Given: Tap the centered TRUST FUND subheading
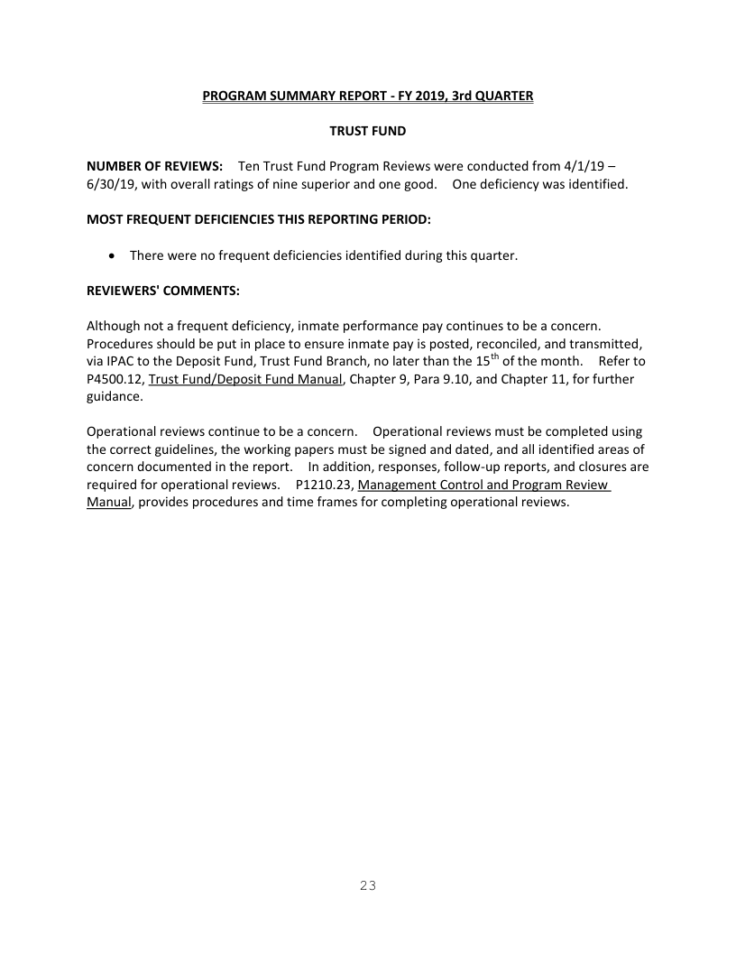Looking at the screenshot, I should pos(367,131).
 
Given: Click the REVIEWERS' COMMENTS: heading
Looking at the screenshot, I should pos(162,291).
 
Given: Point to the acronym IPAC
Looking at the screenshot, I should pos(124,362).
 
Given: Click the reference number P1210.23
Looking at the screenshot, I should pos(324,486).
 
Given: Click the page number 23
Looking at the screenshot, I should pos(368,885).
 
